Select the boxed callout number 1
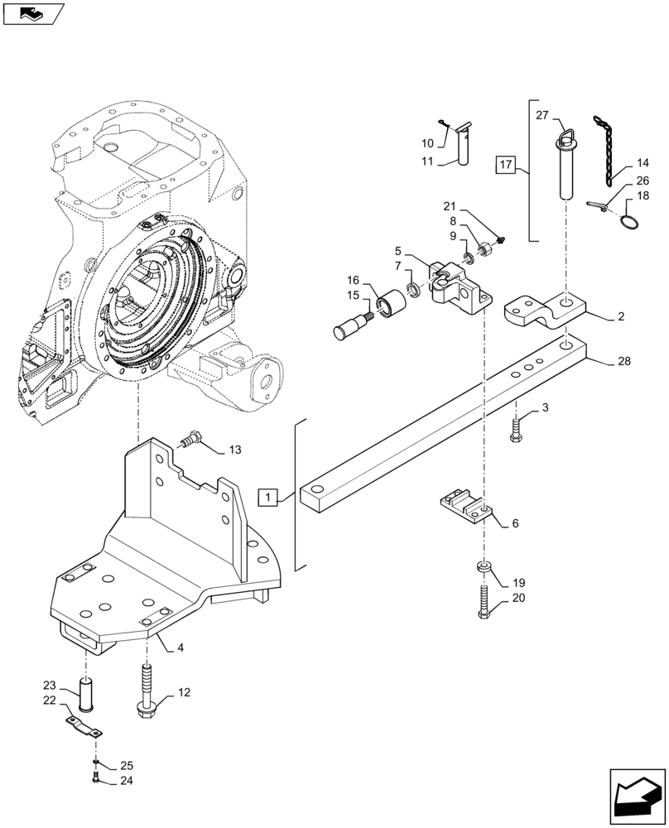tap(269, 498)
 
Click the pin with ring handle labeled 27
tap(565, 166)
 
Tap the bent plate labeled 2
tap(544, 311)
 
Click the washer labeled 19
tap(484, 567)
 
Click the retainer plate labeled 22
tap(84, 726)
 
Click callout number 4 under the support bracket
tap(180, 647)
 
